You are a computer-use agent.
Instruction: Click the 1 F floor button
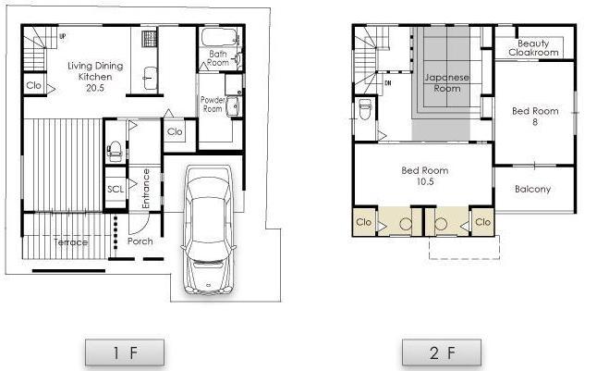tap(125, 352)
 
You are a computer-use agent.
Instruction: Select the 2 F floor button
tap(442, 352)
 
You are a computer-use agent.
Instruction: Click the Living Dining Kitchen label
tap(94, 78)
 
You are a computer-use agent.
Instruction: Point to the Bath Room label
tap(218, 58)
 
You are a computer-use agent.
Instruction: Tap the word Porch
tap(140, 241)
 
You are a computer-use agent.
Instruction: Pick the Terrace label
tap(71, 242)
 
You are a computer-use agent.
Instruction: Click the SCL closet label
tap(115, 189)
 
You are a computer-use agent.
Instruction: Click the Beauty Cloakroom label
tap(533, 48)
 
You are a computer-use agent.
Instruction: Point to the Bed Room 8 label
tap(535, 116)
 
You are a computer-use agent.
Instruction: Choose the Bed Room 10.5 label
tap(425, 176)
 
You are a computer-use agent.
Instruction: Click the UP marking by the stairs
tap(62, 36)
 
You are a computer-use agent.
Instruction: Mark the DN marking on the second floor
tap(388, 82)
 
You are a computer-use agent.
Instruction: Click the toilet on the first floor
tap(116, 150)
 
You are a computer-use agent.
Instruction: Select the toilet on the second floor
tap(364, 116)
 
